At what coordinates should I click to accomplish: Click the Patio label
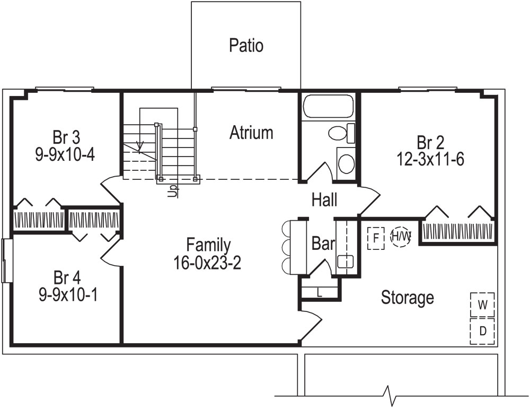[x=246, y=46]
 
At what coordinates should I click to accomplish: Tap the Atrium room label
[x=251, y=133]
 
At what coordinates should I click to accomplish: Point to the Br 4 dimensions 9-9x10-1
[x=67, y=295]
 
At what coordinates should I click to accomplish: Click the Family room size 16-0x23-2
[x=208, y=263]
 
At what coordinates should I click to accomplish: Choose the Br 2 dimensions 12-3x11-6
[x=430, y=159]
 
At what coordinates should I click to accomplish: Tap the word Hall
[x=324, y=200]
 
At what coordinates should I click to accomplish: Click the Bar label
[x=323, y=244]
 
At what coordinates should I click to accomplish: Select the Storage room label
[x=407, y=298]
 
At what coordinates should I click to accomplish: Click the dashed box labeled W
[x=482, y=305]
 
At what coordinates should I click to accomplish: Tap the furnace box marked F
[x=376, y=237]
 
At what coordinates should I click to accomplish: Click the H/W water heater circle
[x=401, y=236]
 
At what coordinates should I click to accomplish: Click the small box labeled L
[x=320, y=291]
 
